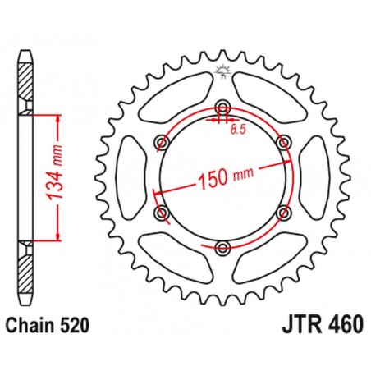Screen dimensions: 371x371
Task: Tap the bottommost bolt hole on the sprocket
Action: (222, 245)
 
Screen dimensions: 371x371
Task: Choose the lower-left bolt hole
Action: (162, 213)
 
